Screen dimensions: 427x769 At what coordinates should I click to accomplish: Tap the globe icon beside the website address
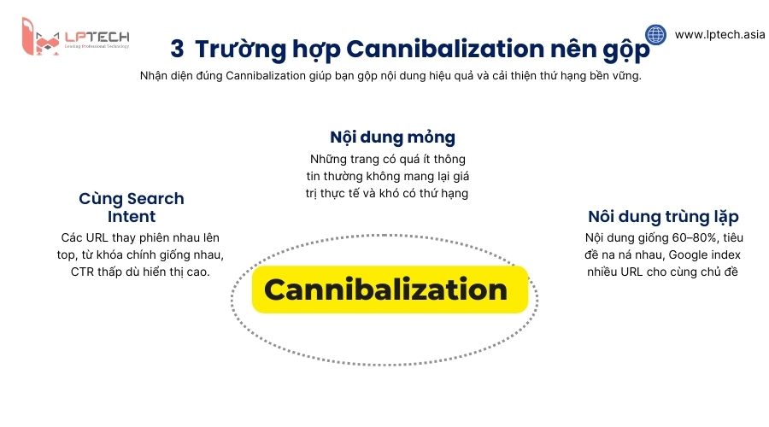coord(655,35)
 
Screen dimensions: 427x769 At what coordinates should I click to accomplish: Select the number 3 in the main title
coord(176,48)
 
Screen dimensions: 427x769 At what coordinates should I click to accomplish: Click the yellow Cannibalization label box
coord(385,290)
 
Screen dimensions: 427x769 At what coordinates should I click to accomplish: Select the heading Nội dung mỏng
coord(392,137)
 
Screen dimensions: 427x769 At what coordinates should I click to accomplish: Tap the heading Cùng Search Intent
coord(132,208)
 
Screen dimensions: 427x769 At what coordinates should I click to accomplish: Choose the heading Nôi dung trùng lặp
coord(663,217)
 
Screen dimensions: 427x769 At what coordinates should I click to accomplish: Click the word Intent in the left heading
coord(132,217)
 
